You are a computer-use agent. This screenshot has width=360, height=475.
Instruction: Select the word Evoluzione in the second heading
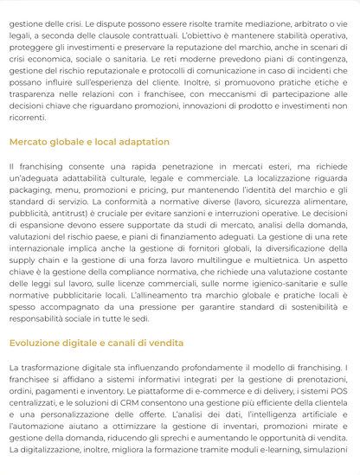click(40, 343)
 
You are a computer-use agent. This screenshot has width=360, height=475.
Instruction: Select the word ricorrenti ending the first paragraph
click(27, 116)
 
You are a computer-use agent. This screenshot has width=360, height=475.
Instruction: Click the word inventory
click(109, 391)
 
